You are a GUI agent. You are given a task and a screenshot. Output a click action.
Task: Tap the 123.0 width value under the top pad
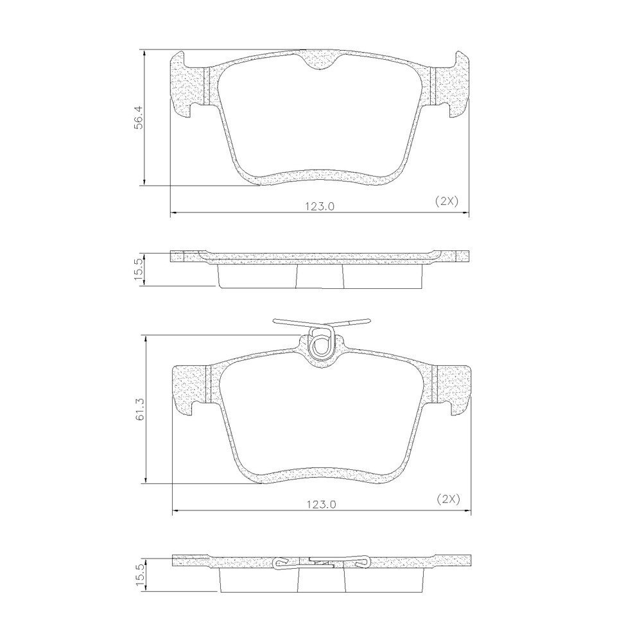click(319, 207)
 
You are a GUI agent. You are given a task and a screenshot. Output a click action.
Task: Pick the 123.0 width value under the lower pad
click(322, 505)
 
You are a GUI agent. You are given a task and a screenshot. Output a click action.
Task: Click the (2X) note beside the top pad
click(446, 201)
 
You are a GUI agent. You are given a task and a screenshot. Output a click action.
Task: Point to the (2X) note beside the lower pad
click(449, 499)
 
